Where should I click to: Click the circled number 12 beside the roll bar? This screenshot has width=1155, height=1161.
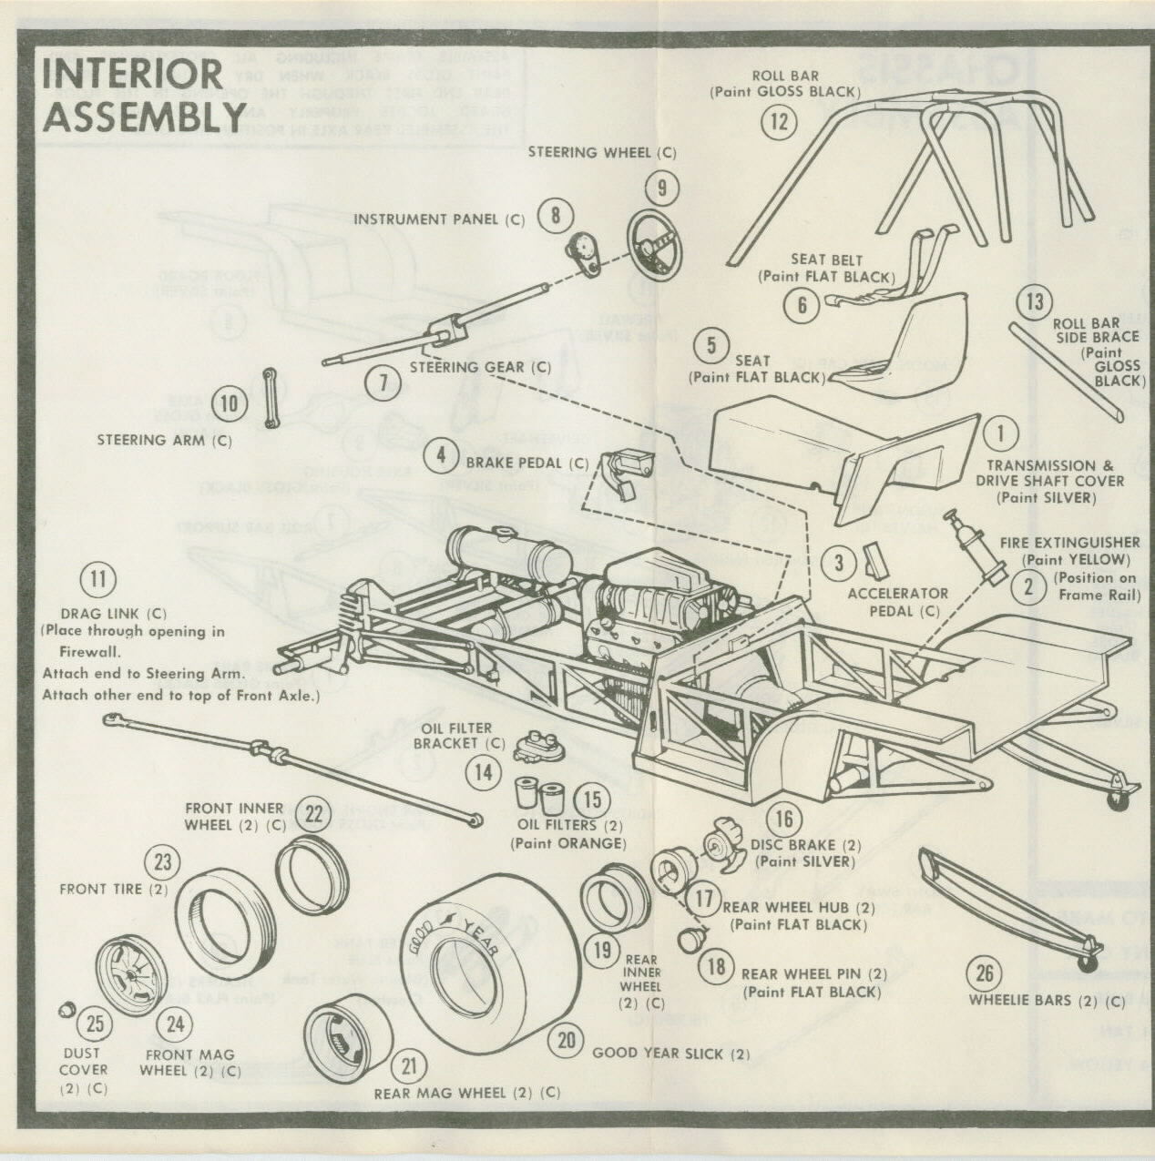[778, 121]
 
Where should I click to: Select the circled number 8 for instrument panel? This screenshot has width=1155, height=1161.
[555, 216]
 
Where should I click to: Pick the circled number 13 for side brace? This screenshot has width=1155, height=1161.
[1035, 300]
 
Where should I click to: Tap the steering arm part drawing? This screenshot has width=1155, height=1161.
[271, 397]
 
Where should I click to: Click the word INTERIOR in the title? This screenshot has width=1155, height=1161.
[132, 75]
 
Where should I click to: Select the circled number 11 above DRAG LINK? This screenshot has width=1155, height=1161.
[98, 579]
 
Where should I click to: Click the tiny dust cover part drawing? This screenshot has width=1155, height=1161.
[65, 1010]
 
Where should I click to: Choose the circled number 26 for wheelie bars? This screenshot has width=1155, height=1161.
[985, 973]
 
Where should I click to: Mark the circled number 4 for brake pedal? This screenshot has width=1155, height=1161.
[441, 454]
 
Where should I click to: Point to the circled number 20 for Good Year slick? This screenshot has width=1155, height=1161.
[567, 1039]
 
